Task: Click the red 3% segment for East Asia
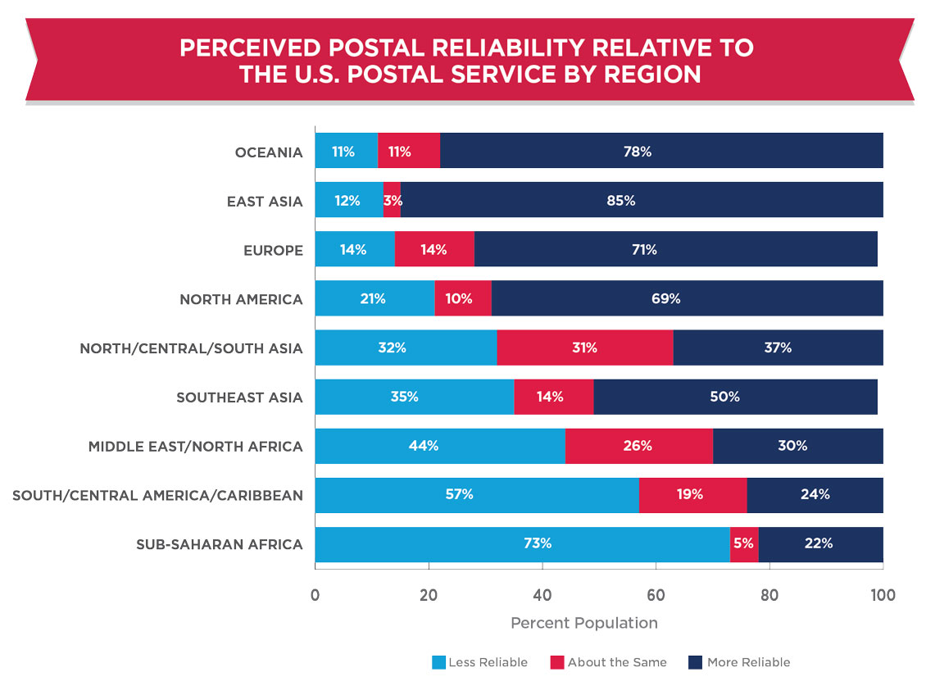[x=392, y=200]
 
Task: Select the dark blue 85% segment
[x=642, y=200]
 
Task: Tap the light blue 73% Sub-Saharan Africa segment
[x=523, y=544]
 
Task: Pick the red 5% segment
[x=744, y=544]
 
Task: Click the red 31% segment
[x=585, y=348]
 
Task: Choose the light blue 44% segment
[x=440, y=446]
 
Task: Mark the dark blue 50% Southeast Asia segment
[x=735, y=397]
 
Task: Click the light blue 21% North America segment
[x=374, y=298]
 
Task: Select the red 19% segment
[x=692, y=495]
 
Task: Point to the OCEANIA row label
[x=269, y=152]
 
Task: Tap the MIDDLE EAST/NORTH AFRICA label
[x=196, y=447]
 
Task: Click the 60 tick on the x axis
[x=656, y=595]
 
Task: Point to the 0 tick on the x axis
[x=315, y=595]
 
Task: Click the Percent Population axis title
[x=583, y=623]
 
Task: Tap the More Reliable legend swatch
[x=696, y=662]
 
